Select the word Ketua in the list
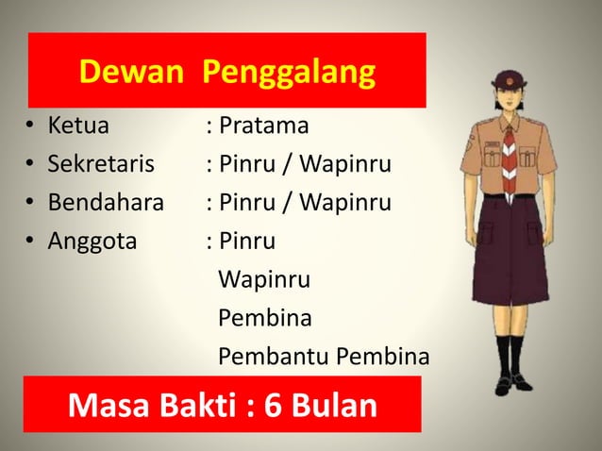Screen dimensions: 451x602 click(78, 125)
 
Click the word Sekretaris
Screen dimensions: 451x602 click(101, 165)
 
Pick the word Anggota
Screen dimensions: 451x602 click(92, 242)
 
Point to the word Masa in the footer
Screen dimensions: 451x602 click(104, 407)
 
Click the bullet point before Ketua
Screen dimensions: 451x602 click(31, 126)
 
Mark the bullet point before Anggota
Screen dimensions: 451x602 click(31, 242)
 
